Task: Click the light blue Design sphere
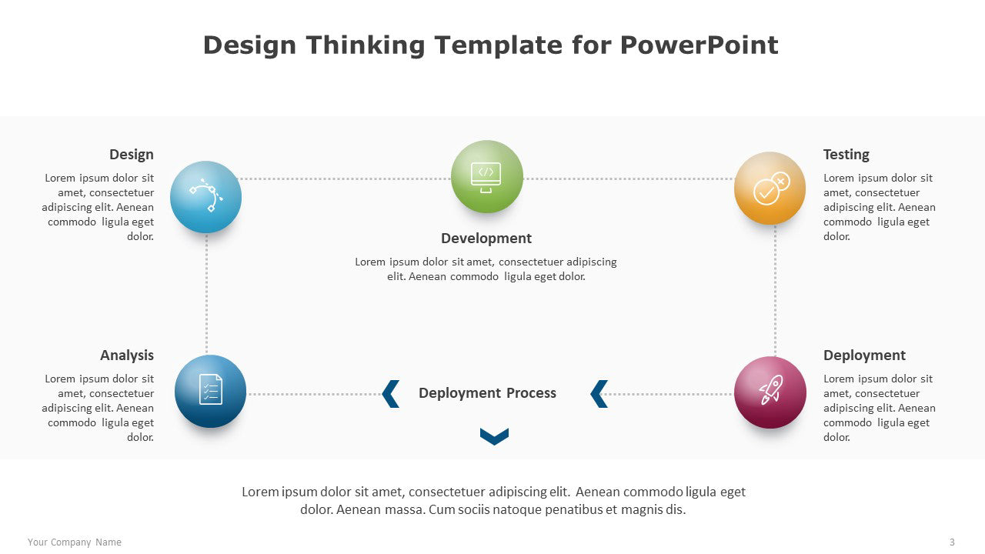(x=205, y=196)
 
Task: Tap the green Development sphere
(x=487, y=176)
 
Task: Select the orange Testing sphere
(x=770, y=189)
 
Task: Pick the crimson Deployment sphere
(x=770, y=392)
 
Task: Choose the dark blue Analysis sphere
(x=210, y=391)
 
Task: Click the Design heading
(x=132, y=155)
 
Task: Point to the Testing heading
(x=846, y=155)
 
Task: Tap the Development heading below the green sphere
(x=486, y=239)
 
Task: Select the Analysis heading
(x=127, y=355)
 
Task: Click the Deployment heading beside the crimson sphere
(x=864, y=355)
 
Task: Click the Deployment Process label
(x=487, y=392)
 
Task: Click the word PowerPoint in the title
(x=700, y=45)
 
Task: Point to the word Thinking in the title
(x=365, y=45)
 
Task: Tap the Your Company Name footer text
(x=75, y=542)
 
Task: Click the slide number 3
(x=952, y=542)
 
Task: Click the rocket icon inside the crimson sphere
(x=771, y=389)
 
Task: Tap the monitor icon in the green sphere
(x=486, y=177)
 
